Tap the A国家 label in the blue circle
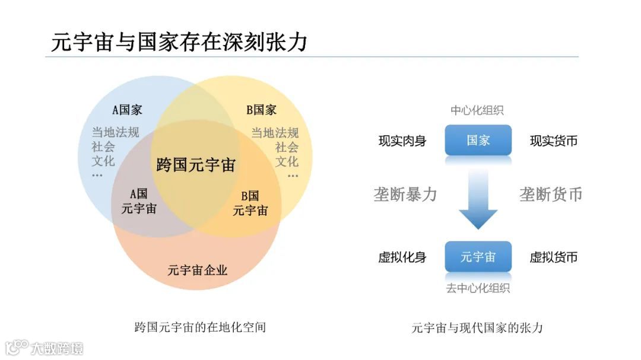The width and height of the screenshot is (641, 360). tap(128, 110)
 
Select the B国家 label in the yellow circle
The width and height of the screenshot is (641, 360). tap(261, 110)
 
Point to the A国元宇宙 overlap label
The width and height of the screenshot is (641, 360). tap(139, 201)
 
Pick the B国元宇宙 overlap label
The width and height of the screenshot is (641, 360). tap(250, 203)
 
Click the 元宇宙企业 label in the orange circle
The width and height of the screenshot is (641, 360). tap(198, 270)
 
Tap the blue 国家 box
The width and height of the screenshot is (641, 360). tap(478, 141)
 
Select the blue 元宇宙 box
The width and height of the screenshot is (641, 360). tap(478, 257)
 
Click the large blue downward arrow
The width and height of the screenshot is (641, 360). tap(478, 199)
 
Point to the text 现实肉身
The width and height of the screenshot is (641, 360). tap(402, 141)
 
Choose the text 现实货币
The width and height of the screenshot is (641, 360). tap(554, 141)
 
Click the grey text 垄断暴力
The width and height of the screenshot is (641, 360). tap(405, 195)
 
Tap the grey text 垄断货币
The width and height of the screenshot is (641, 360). tap(551, 195)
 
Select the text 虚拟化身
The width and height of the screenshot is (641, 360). tap(402, 257)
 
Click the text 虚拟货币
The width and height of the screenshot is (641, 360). tap(554, 257)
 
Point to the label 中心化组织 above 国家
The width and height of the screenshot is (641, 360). tap(477, 111)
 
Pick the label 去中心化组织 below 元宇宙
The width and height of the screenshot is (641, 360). tap(478, 288)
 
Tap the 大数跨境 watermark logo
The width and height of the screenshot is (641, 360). tap(45, 348)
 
